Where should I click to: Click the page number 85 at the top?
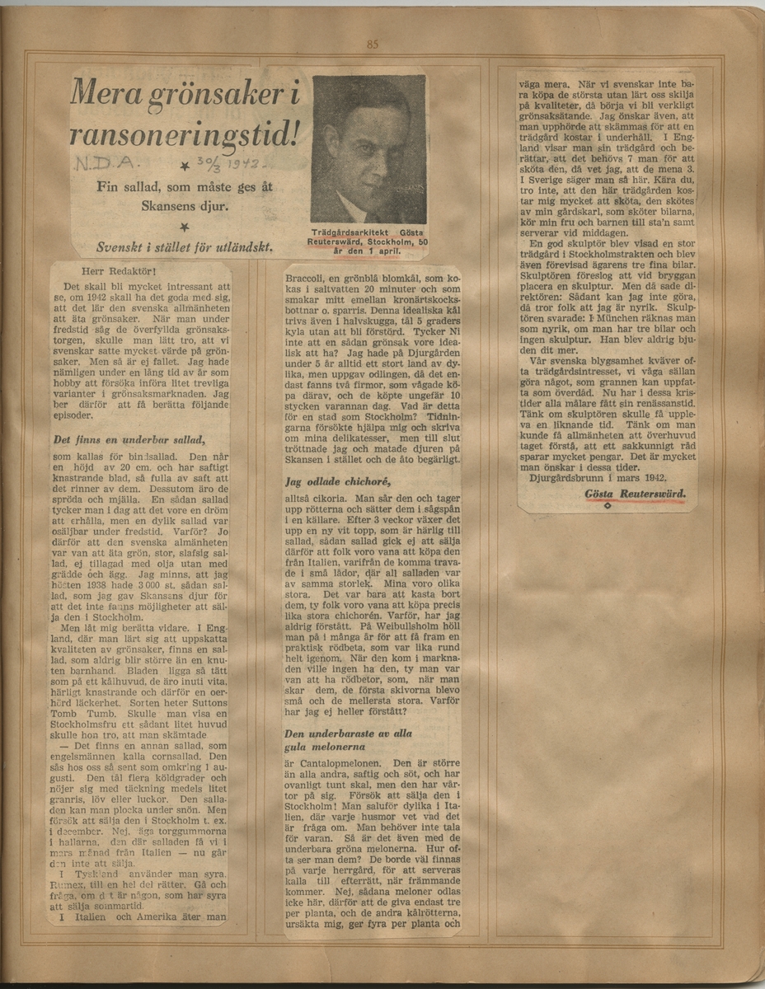pos(372,45)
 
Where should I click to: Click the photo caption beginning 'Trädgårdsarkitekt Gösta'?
pos(368,238)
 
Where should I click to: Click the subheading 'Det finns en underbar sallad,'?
pos(128,439)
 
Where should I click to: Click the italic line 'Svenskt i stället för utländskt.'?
pos(185,246)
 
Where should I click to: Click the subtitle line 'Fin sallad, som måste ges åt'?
pos(184,187)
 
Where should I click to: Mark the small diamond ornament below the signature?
pos(608,505)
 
